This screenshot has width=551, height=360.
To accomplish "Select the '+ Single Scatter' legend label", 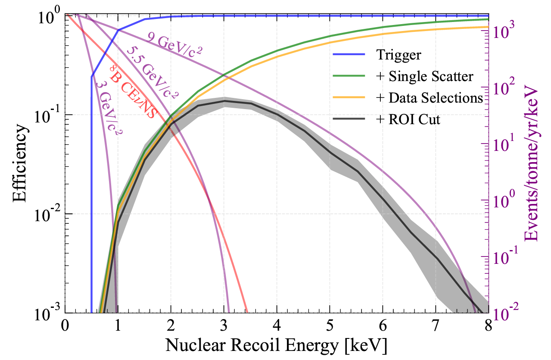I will pos(425,76).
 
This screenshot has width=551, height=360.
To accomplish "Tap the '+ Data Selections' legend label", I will pos(429,98).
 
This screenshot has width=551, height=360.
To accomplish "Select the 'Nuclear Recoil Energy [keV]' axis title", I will pos(277,346).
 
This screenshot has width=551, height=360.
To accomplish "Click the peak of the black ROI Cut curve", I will pos(224,101).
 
